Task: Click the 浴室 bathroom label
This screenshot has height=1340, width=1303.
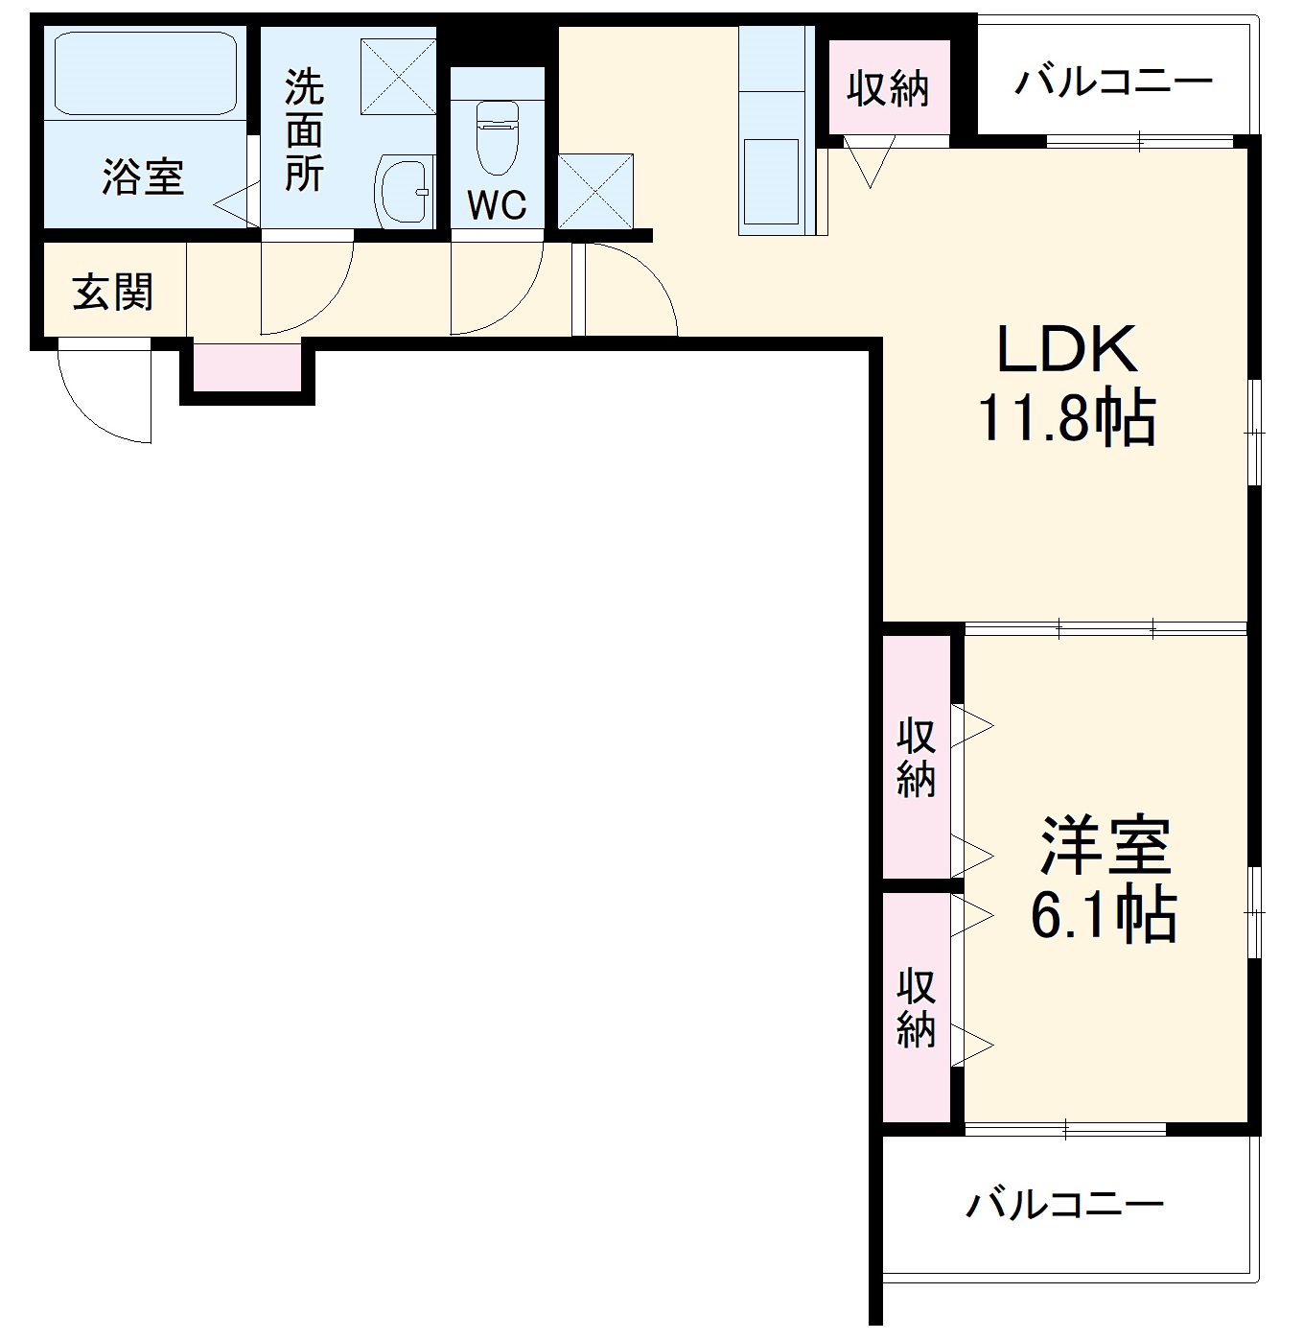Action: coord(143,177)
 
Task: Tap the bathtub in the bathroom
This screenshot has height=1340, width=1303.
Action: coord(145,74)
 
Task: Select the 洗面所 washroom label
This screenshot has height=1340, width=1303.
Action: coord(304,131)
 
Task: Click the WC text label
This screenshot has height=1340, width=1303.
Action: coord(497,204)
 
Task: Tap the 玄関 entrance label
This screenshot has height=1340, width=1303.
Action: coord(113,292)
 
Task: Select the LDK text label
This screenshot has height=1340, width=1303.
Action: coord(1066,350)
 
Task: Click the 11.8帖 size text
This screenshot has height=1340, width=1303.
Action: coord(1066,417)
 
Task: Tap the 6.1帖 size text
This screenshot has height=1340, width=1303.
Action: coord(1104,915)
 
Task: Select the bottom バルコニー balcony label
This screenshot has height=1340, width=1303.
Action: coord(1064,1203)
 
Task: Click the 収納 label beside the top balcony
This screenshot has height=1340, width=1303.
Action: coord(888,88)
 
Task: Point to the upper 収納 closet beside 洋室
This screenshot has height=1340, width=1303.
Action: coord(916,758)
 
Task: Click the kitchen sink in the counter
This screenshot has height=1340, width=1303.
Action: coord(771,180)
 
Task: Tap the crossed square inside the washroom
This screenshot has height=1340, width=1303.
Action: coord(398,77)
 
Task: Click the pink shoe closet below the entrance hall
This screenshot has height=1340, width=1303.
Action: coord(247,366)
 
